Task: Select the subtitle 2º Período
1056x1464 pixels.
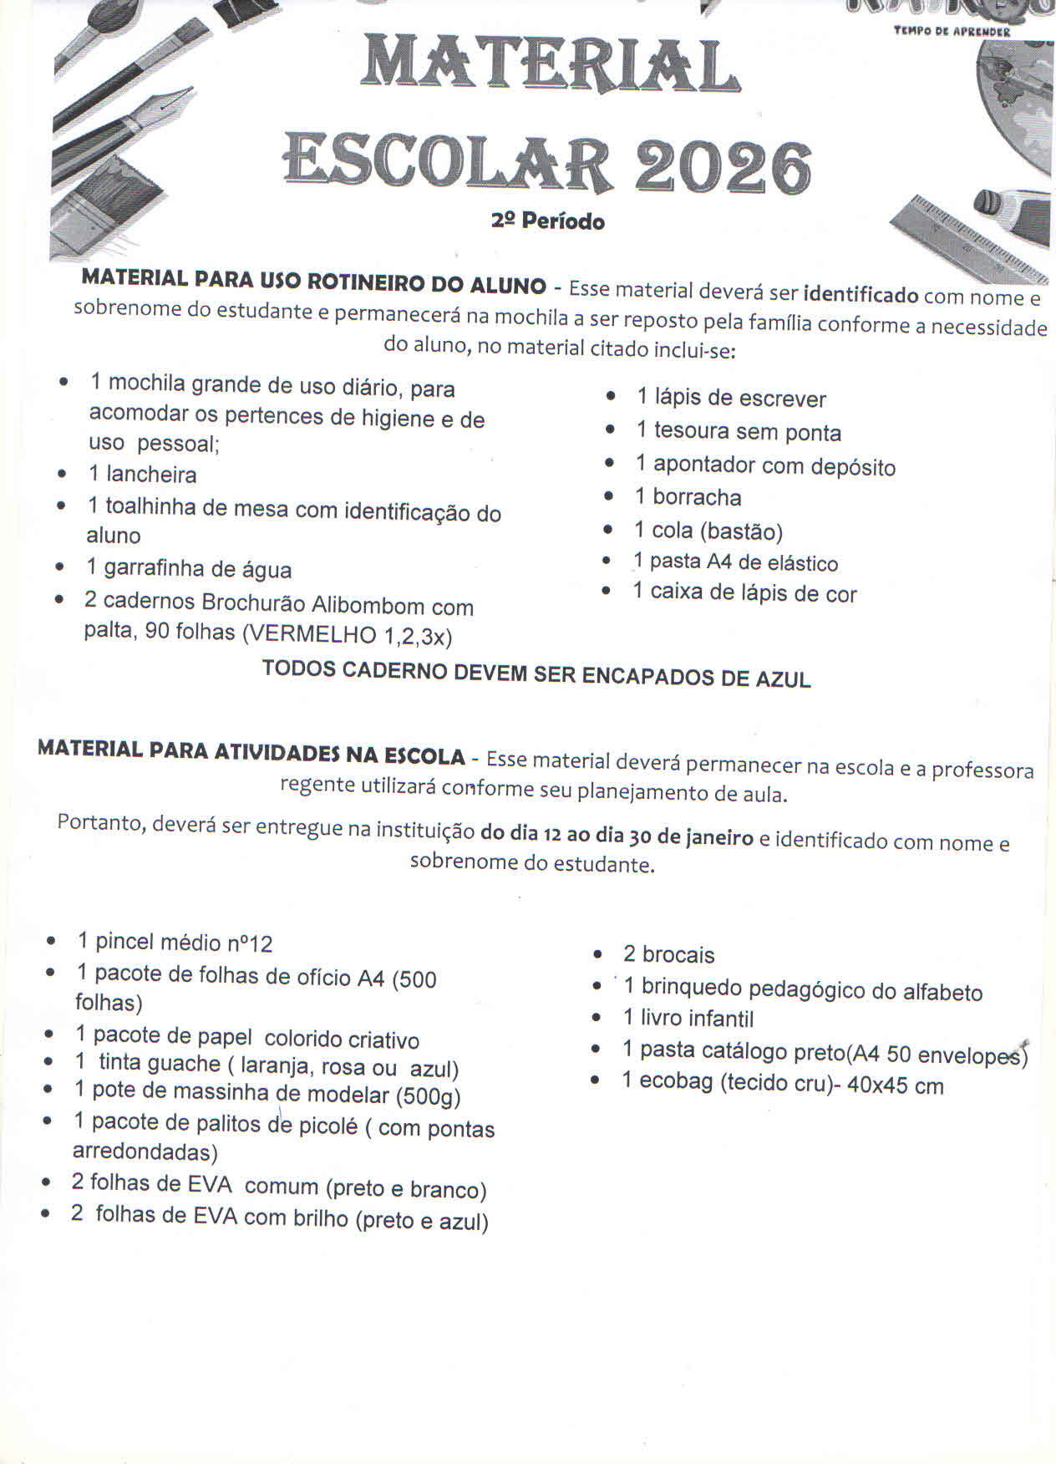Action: click(548, 221)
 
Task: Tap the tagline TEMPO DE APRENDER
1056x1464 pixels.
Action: click(952, 32)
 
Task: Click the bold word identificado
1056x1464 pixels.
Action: click(860, 294)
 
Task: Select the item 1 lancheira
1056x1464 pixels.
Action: click(143, 475)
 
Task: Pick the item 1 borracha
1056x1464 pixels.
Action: click(688, 497)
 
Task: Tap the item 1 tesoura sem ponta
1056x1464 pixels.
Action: click(738, 431)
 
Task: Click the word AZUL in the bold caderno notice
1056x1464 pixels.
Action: click(783, 679)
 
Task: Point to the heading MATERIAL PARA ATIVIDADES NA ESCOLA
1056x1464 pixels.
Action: click(251, 752)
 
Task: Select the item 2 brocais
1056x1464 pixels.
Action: click(668, 954)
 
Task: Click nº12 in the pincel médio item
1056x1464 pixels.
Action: click(249, 944)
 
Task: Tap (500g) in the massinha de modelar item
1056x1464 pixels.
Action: click(428, 1095)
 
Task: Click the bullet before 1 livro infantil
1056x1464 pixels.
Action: click(596, 1018)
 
